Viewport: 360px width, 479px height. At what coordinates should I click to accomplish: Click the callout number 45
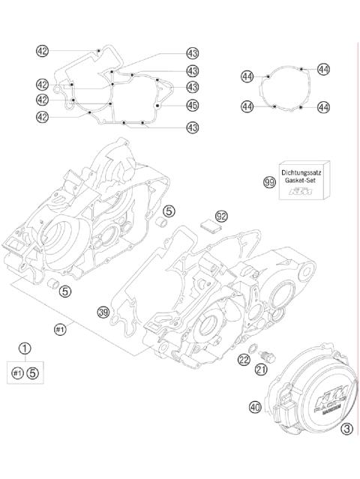click(193, 105)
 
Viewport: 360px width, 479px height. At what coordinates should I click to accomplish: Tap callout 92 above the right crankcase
click(221, 217)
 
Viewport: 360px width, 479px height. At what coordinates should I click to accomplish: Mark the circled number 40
click(256, 408)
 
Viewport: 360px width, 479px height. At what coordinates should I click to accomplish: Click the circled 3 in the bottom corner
click(346, 429)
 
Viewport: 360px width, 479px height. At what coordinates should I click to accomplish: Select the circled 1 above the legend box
click(25, 348)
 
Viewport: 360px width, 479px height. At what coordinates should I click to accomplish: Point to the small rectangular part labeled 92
click(214, 229)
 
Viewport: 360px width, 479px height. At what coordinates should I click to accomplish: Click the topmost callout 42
click(43, 51)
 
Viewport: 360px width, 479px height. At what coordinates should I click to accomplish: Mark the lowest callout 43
click(193, 127)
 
